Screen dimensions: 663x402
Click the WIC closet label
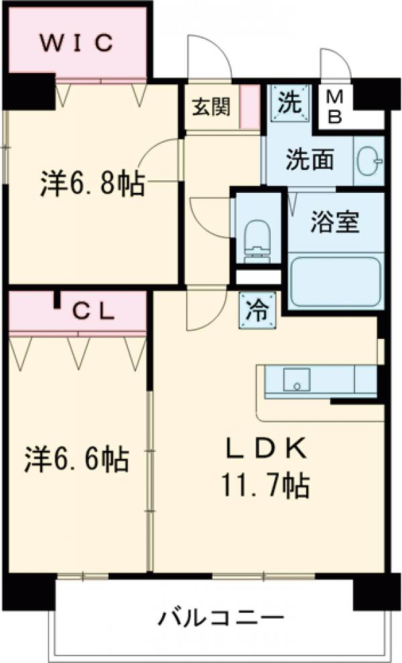(78, 42)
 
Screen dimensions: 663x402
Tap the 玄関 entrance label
(212, 107)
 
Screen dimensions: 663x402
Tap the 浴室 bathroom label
(336, 222)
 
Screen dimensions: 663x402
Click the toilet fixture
(257, 238)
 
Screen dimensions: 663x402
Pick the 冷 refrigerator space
(257, 310)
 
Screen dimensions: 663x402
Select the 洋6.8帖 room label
(91, 184)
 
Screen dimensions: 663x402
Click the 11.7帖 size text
(266, 484)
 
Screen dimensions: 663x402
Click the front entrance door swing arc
(209, 57)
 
